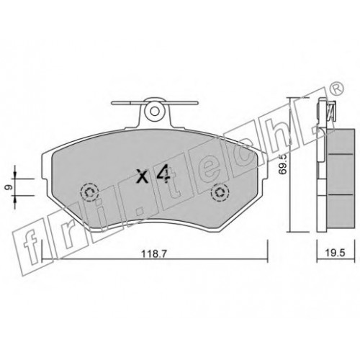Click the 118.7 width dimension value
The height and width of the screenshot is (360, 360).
pyautogui.click(x=154, y=254)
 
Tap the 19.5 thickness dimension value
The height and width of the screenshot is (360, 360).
pyautogui.click(x=336, y=253)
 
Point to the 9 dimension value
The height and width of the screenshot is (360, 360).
pyautogui.click(x=7, y=187)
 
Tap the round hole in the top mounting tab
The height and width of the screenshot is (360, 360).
pyautogui.click(x=155, y=111)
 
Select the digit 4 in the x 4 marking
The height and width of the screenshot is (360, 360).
pyautogui.click(x=163, y=175)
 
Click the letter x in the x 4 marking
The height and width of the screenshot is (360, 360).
pyautogui.click(x=143, y=176)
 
